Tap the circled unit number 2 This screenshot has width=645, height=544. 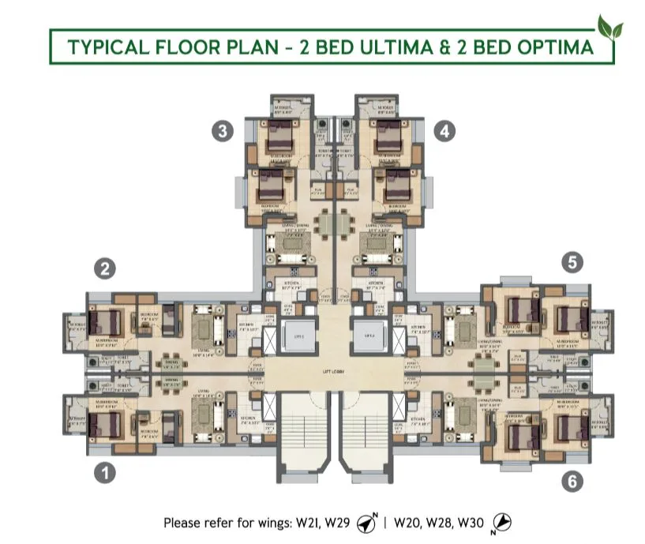(104, 268)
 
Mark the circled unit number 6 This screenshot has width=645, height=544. (572, 479)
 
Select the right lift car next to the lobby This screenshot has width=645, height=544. (369, 336)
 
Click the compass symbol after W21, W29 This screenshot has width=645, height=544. (366, 523)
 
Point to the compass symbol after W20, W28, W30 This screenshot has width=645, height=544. (501, 523)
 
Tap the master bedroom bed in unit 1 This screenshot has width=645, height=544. (104, 424)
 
